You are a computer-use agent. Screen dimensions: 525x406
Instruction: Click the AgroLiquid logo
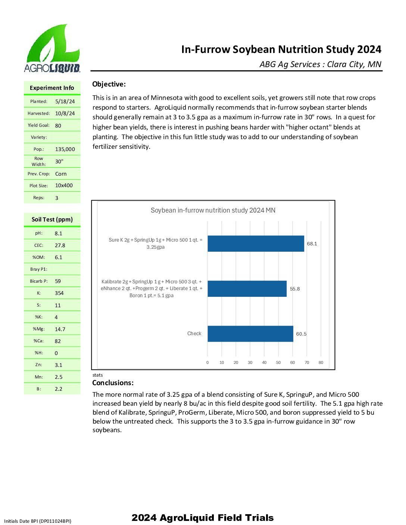pyautogui.click(x=52, y=48)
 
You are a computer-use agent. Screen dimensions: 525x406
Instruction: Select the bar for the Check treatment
pyautogui.click(x=250, y=334)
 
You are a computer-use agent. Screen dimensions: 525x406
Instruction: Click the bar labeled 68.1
pyautogui.click(x=256, y=243)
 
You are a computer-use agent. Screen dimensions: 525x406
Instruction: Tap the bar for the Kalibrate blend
pyautogui.click(x=247, y=289)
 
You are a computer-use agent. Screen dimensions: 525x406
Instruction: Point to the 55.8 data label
pyautogui.click(x=295, y=289)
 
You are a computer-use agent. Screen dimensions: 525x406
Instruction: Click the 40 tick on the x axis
pyautogui.click(x=264, y=362)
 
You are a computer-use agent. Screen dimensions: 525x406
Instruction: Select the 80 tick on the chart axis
pyautogui.click(x=321, y=362)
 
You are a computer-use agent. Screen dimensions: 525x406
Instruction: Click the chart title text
pyautogui.click(x=213, y=210)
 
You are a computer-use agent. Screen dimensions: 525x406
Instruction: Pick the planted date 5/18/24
pyautogui.click(x=65, y=101)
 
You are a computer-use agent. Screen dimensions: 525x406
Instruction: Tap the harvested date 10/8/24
pyautogui.click(x=65, y=113)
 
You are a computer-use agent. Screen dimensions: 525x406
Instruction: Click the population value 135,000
pyautogui.click(x=65, y=149)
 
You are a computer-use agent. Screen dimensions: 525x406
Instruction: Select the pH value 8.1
pyautogui.click(x=59, y=233)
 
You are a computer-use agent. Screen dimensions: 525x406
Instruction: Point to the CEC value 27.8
pyautogui.click(x=60, y=245)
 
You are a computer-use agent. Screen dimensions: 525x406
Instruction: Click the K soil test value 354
pyautogui.click(x=59, y=293)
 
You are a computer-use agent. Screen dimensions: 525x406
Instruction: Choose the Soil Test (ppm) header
pyautogui.click(x=52, y=219)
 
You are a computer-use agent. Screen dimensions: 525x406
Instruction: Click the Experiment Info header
pyautogui.click(x=52, y=88)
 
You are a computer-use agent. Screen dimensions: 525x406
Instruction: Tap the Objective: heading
pyautogui.click(x=109, y=84)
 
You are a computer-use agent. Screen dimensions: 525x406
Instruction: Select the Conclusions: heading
pyautogui.click(x=113, y=383)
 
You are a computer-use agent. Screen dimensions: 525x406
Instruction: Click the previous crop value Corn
pyautogui.click(x=61, y=174)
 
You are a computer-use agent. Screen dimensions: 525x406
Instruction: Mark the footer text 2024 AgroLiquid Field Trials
pyautogui.click(x=203, y=518)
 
